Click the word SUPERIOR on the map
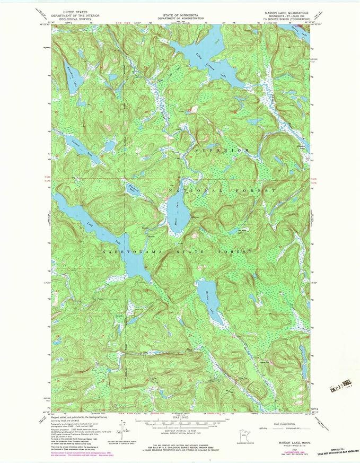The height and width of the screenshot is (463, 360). coord(221,151)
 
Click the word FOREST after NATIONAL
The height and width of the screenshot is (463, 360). coord(259,190)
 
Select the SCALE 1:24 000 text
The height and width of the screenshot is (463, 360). coord(180,415)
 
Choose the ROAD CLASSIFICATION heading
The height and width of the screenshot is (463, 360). coord(284,417)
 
